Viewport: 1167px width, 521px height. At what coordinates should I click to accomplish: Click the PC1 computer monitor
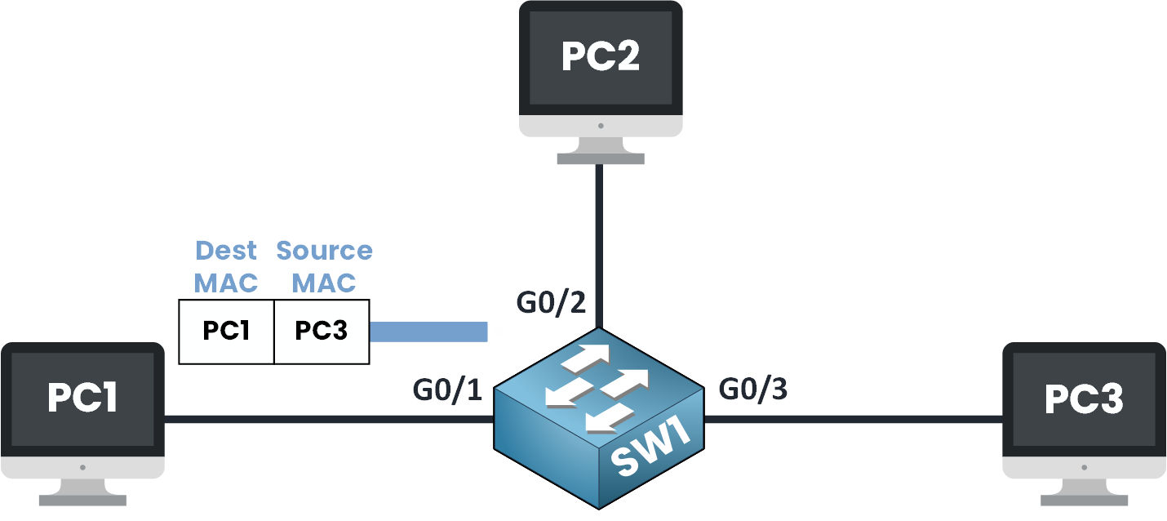click(x=82, y=408)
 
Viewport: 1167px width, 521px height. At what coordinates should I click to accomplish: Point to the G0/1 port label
click(x=447, y=390)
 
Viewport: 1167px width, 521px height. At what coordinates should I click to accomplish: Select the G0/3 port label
click(x=753, y=390)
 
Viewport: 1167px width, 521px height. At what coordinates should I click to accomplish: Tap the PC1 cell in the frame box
click(x=226, y=331)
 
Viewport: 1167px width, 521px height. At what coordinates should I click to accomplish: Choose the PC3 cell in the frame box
click(x=322, y=331)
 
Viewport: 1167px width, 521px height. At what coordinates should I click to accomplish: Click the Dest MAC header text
click(x=225, y=266)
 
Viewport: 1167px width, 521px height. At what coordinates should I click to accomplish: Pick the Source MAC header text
click(x=324, y=266)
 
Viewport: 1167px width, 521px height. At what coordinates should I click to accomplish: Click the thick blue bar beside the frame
click(x=428, y=331)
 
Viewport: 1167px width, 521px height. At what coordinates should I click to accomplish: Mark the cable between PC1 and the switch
click(x=326, y=420)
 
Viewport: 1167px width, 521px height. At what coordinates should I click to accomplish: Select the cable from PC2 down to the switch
click(x=600, y=245)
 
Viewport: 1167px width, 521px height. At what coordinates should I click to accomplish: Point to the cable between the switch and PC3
click(x=853, y=420)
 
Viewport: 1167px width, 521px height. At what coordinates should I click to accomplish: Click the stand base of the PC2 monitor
click(x=601, y=158)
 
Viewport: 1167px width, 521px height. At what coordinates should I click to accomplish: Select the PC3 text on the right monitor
click(x=1084, y=399)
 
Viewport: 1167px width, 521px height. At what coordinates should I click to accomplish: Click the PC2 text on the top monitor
click(x=601, y=57)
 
